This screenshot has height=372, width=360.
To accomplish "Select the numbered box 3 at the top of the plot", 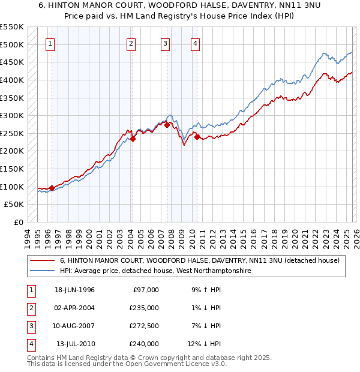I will [165, 43].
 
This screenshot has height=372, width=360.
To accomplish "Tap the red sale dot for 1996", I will [52, 188].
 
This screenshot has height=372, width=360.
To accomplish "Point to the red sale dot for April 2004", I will [133, 139].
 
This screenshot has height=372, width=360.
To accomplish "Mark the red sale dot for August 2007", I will [167, 125].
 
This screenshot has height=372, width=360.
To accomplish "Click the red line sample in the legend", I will [43, 260].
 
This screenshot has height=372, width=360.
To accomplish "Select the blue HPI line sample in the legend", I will [43, 271].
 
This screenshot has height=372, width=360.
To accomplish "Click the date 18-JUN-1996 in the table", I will [74, 290].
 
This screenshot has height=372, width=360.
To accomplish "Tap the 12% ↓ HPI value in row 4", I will [204, 344].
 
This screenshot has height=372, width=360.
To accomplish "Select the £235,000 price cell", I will [144, 308].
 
